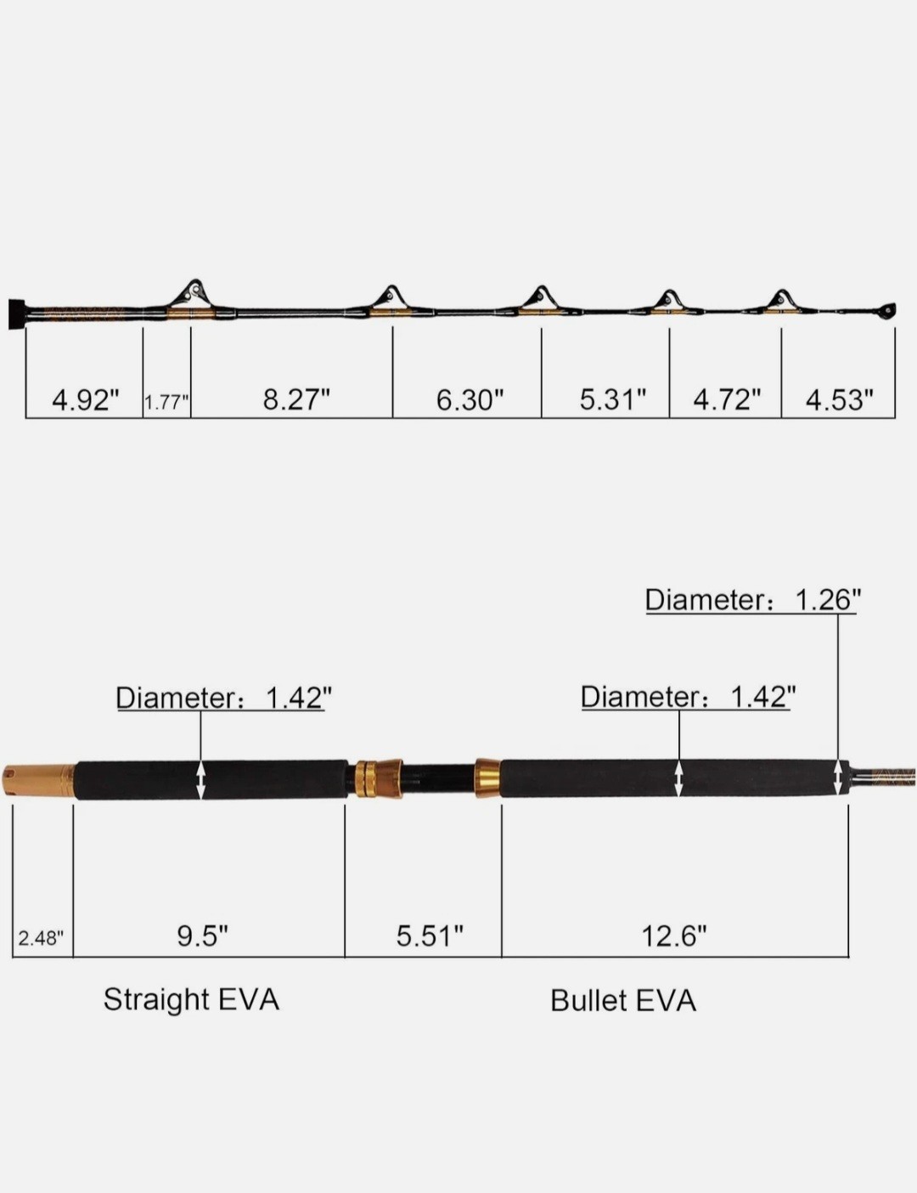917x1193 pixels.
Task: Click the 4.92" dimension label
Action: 86,399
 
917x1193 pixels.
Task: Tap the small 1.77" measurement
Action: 166,403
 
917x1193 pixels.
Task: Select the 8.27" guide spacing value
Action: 296,399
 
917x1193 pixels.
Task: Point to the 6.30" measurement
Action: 470,399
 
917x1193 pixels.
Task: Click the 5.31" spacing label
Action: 613,399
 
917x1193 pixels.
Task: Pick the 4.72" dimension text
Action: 728,399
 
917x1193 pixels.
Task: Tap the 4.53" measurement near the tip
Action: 840,399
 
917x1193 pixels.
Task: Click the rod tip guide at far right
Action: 889,310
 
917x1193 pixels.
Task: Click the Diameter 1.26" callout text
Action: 753,600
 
